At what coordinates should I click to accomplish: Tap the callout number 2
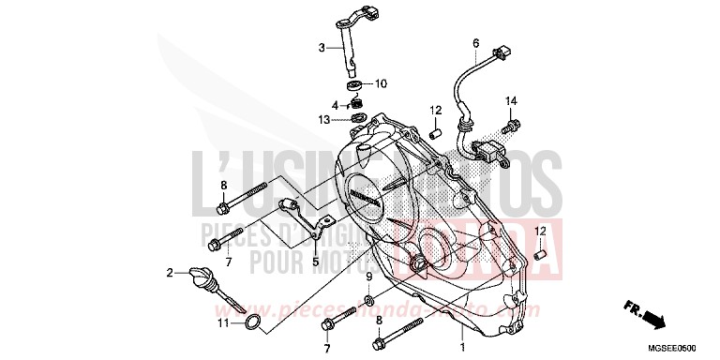coord(171,274)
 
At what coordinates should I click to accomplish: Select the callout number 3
coord(321,48)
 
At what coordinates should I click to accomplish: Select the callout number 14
coord(512,100)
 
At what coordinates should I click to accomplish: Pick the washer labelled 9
coord(369,300)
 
